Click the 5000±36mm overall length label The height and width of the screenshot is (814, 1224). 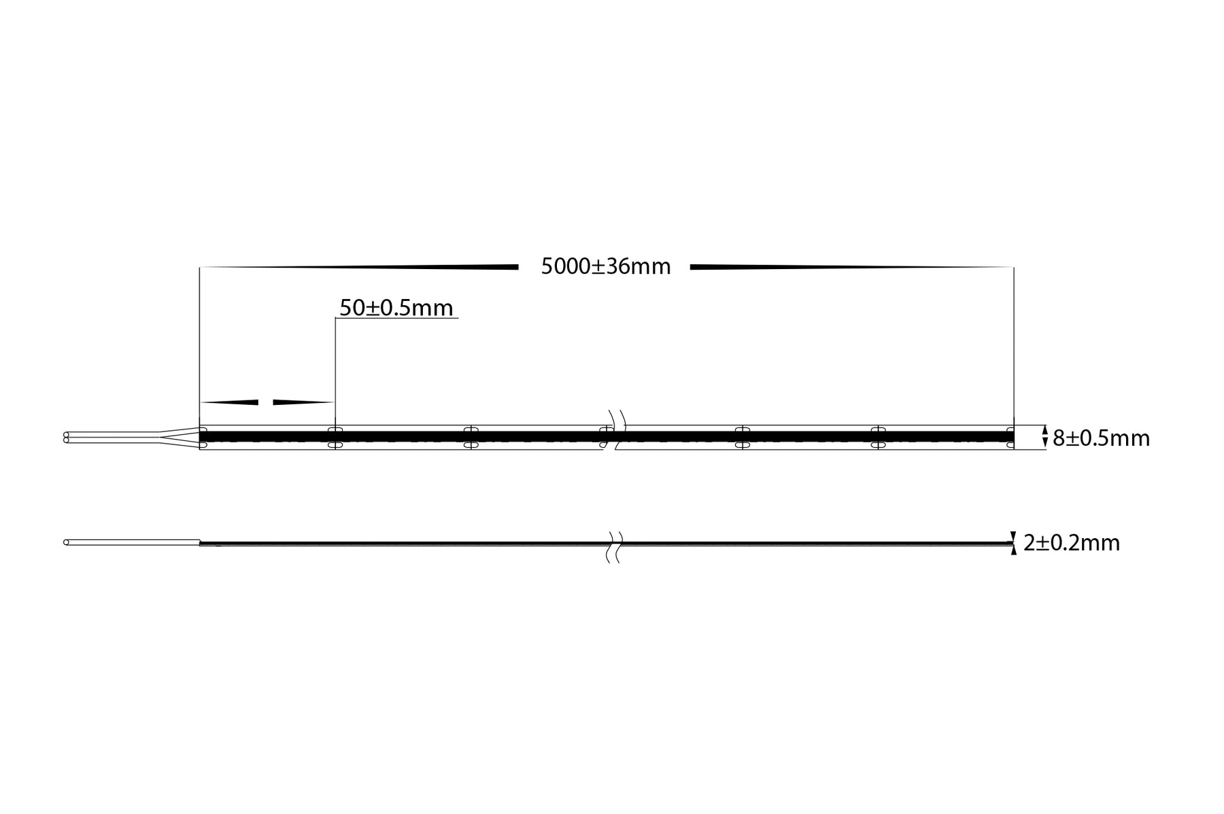[x=605, y=266]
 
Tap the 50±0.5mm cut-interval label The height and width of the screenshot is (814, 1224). [x=396, y=308]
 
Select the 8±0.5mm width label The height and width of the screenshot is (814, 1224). [x=1101, y=438]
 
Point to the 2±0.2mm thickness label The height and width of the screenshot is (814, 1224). [x=1071, y=543]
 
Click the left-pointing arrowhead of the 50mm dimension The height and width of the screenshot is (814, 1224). [x=230, y=402]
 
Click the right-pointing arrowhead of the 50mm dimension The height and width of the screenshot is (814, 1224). [x=303, y=402]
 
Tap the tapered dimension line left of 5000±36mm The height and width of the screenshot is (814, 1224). [x=360, y=267]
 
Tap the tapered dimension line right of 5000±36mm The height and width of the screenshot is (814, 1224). [x=850, y=267]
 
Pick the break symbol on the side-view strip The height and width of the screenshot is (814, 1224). [x=613, y=547]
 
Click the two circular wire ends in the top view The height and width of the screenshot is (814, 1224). [x=66, y=437]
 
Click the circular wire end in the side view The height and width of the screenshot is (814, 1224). [x=66, y=542]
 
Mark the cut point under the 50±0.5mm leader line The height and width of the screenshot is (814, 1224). [x=335, y=437]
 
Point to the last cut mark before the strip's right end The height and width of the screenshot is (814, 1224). [x=878, y=437]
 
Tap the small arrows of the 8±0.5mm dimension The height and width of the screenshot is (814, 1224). [x=1044, y=437]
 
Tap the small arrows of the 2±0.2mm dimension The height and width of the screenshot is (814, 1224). [x=1014, y=542]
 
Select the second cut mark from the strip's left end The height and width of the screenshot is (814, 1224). [x=471, y=437]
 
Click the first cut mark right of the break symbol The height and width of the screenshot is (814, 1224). [x=742, y=437]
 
